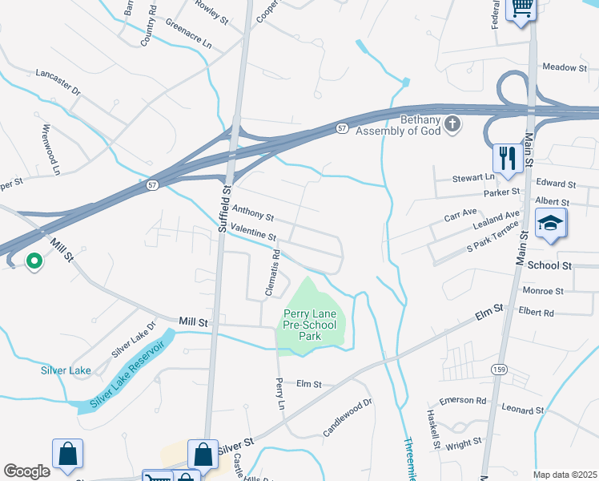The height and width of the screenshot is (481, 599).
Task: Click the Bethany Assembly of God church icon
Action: point(453,123)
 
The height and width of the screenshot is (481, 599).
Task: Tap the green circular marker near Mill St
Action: point(34,261)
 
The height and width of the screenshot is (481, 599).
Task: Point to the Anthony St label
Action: point(252,212)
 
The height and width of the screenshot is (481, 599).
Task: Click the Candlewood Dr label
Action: point(348,414)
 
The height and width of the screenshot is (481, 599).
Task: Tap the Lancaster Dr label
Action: point(58,83)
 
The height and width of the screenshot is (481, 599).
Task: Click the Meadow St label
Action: point(565,68)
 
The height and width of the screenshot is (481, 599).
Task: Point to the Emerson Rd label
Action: point(464,400)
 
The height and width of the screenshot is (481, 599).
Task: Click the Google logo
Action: point(26,471)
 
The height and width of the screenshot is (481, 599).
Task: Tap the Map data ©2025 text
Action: point(565,475)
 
